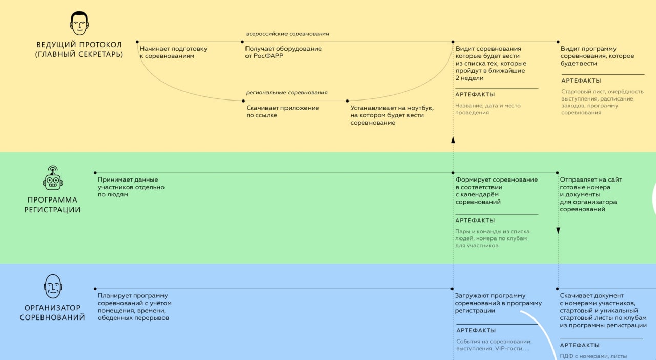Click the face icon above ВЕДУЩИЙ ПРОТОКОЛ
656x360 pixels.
coord(78,24)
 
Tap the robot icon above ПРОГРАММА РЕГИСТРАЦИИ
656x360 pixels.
coord(52,179)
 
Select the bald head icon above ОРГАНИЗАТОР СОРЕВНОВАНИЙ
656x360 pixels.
coord(52,286)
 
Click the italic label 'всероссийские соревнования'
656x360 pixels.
coord(287,34)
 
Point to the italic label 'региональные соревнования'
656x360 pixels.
coord(286,93)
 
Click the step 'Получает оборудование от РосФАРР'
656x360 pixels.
coord(283,52)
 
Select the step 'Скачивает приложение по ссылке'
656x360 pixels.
coord(282,111)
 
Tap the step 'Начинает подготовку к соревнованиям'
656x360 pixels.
coord(173,52)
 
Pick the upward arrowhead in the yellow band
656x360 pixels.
coord(453,139)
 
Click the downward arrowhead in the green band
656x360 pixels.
coord(558,231)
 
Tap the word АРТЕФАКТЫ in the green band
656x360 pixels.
coord(475,221)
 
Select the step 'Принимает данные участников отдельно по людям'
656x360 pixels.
coord(131,187)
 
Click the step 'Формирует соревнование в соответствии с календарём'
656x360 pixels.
coord(497,191)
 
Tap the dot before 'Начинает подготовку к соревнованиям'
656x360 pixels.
coord(137,42)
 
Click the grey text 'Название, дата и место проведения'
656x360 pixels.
coord(487,109)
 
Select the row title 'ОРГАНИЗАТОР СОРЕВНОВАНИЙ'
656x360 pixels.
coord(52,312)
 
